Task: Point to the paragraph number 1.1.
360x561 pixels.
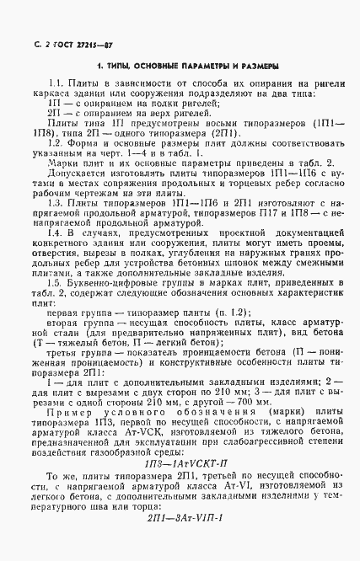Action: (x=56, y=84)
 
